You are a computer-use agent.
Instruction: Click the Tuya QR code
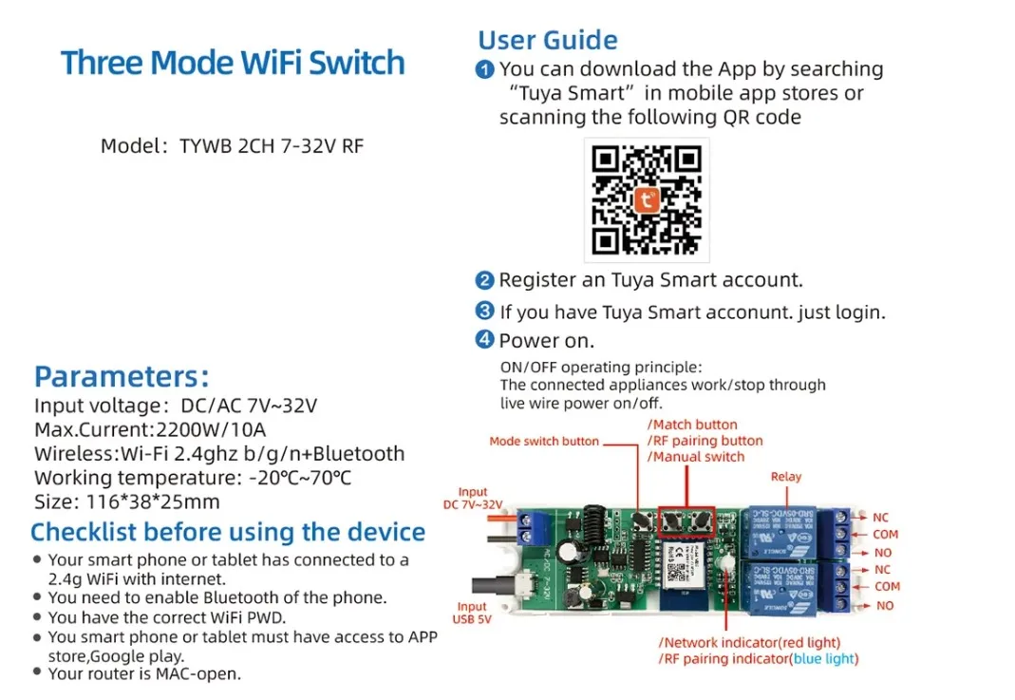click(x=647, y=200)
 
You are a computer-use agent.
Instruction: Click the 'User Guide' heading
click(x=548, y=41)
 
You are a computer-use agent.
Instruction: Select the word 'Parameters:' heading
click(x=122, y=376)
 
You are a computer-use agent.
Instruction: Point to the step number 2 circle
click(x=484, y=280)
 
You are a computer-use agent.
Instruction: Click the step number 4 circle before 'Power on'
click(x=484, y=340)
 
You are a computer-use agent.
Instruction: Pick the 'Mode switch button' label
click(x=544, y=442)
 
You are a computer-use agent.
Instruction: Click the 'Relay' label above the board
click(x=786, y=477)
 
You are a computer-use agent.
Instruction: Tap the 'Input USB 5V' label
click(x=472, y=614)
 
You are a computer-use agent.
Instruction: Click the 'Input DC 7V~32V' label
click(x=472, y=498)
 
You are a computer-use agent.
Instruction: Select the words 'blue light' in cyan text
click(x=825, y=658)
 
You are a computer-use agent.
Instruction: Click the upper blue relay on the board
click(x=784, y=530)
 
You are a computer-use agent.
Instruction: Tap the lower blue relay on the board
click(x=784, y=583)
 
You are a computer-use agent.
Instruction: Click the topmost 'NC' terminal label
click(x=882, y=518)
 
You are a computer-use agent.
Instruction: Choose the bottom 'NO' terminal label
click(x=884, y=605)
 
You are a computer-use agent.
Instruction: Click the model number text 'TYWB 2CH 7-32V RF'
click(x=272, y=146)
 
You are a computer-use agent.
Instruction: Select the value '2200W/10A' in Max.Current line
click(x=212, y=430)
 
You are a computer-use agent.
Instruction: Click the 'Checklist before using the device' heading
click(x=228, y=532)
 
